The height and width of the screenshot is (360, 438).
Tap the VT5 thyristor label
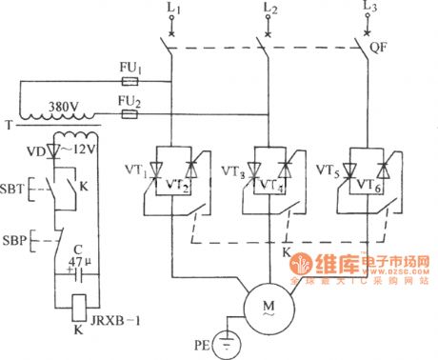tap(330, 173)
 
